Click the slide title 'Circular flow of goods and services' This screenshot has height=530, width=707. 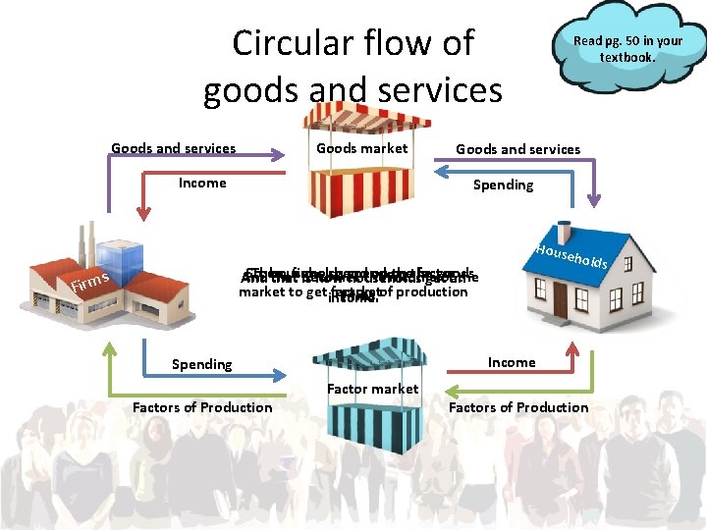pos(353,67)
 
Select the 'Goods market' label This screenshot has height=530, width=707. pos(361,148)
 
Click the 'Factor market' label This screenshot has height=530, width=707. pos(373,389)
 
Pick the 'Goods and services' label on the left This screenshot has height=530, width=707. pos(173,148)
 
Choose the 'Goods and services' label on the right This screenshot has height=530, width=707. pos(517,149)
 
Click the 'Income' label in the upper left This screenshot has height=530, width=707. pos(202,183)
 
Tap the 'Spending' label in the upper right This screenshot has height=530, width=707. pos(503,185)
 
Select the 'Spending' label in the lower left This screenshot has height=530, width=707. pos(201,364)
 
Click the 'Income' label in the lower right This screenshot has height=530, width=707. pos(512,362)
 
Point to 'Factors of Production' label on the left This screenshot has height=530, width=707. pos(202,407)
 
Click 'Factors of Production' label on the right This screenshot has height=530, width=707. pos(518,407)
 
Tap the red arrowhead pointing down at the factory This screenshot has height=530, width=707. pos(144,210)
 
